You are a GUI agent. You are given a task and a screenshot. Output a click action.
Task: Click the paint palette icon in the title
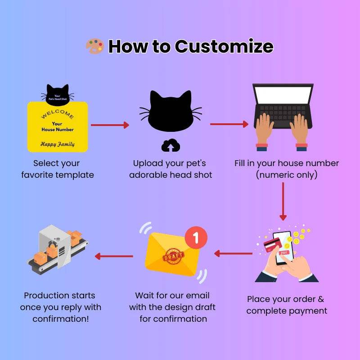94,46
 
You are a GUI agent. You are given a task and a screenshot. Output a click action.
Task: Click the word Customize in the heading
224,46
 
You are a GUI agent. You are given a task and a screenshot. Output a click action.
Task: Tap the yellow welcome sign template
58,126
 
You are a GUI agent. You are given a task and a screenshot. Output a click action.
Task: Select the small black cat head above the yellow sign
58,94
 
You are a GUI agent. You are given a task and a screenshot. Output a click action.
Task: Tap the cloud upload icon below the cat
171,145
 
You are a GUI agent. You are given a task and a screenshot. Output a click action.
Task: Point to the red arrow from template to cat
110,125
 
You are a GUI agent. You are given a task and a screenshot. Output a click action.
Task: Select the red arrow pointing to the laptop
229,124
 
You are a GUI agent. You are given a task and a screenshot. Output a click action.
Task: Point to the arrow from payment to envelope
233,253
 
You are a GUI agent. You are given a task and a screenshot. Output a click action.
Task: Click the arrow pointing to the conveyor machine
114,256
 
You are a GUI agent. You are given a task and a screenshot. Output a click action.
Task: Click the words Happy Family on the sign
58,144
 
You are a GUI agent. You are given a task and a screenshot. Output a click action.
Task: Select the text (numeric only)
287,175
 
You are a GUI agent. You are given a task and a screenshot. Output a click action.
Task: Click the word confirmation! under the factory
61,319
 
